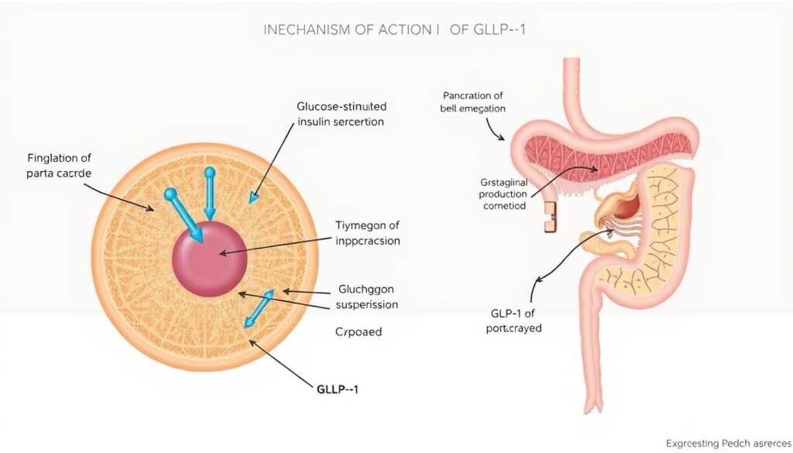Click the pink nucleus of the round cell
pos(209,259)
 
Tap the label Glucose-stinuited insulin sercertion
pos(341,114)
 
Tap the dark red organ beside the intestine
pos(627,208)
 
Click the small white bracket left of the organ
pos(548,218)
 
